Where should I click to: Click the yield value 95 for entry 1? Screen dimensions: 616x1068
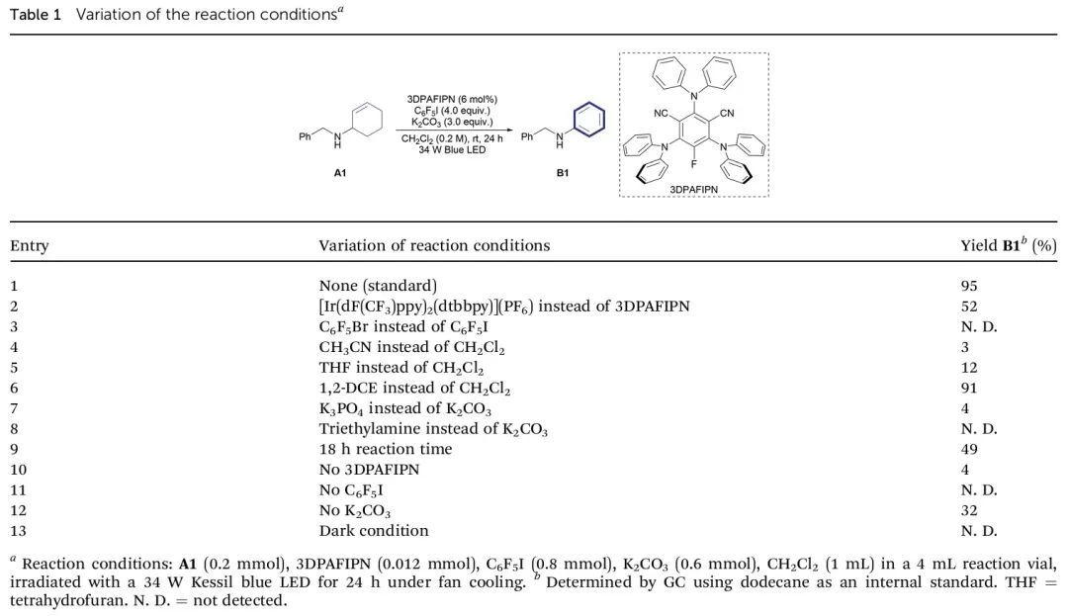(x=969, y=286)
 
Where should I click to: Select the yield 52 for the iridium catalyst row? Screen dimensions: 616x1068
(x=969, y=307)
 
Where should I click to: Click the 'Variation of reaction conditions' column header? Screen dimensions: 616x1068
(x=434, y=245)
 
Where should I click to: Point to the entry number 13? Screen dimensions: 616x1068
(x=18, y=531)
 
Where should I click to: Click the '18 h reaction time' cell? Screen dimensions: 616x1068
(x=386, y=449)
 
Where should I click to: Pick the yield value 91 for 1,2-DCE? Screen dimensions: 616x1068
(x=969, y=389)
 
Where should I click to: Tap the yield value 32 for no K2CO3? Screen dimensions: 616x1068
(x=969, y=511)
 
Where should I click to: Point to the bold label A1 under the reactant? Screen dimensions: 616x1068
(x=340, y=173)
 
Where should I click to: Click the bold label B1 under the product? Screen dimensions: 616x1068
(x=563, y=173)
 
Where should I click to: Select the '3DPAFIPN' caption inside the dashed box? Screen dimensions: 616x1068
(x=693, y=187)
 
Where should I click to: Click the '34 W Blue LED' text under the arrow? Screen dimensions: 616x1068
(x=452, y=150)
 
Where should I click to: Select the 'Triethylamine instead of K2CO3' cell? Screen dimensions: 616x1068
(x=433, y=429)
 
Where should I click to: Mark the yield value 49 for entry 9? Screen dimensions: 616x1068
(x=969, y=449)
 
